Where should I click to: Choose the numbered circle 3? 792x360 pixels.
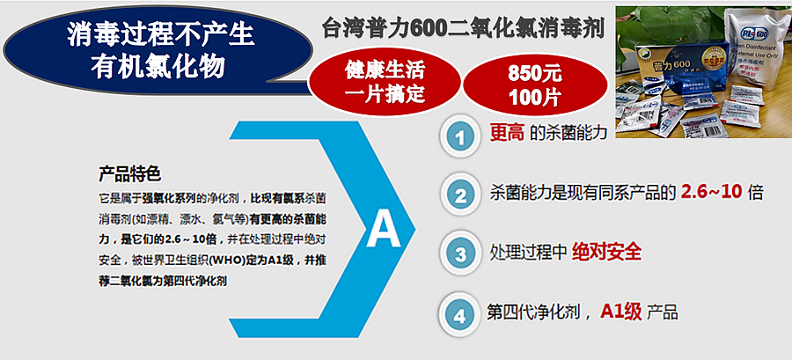(460, 253)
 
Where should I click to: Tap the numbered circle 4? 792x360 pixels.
(460, 312)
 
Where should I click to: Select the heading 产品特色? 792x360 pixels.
(129, 173)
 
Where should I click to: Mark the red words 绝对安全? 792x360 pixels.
(606, 252)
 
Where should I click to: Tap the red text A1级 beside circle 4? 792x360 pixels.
(621, 311)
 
